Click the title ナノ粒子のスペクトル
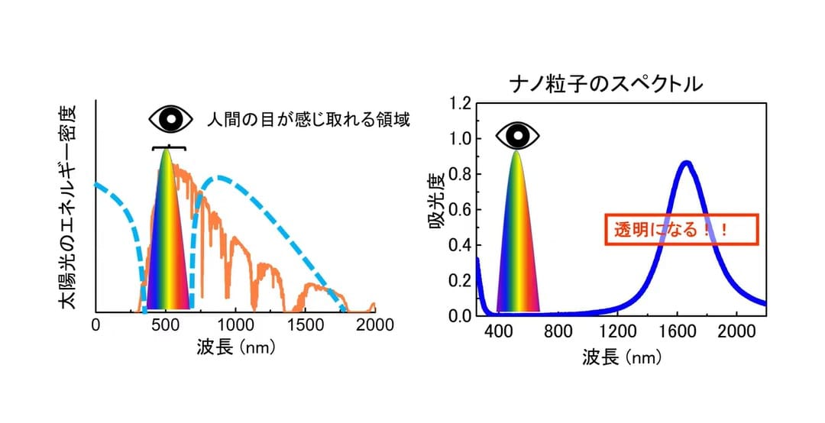coord(607,84)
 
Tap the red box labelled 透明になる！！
coord(681,229)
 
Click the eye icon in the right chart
coord(518,136)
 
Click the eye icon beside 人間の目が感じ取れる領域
coord(171,119)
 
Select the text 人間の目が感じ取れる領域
coord(309,120)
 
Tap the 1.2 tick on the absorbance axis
coord(461,104)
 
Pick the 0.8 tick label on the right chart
coord(461,174)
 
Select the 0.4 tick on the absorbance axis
coord(461,245)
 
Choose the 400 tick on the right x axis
coord(498,332)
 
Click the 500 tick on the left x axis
coord(166,325)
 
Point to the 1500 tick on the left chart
coord(305,325)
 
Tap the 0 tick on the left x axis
coord(95,325)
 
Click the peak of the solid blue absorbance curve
coord(686,163)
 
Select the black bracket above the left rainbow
coord(168,148)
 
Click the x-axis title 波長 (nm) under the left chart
coord(236,347)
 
